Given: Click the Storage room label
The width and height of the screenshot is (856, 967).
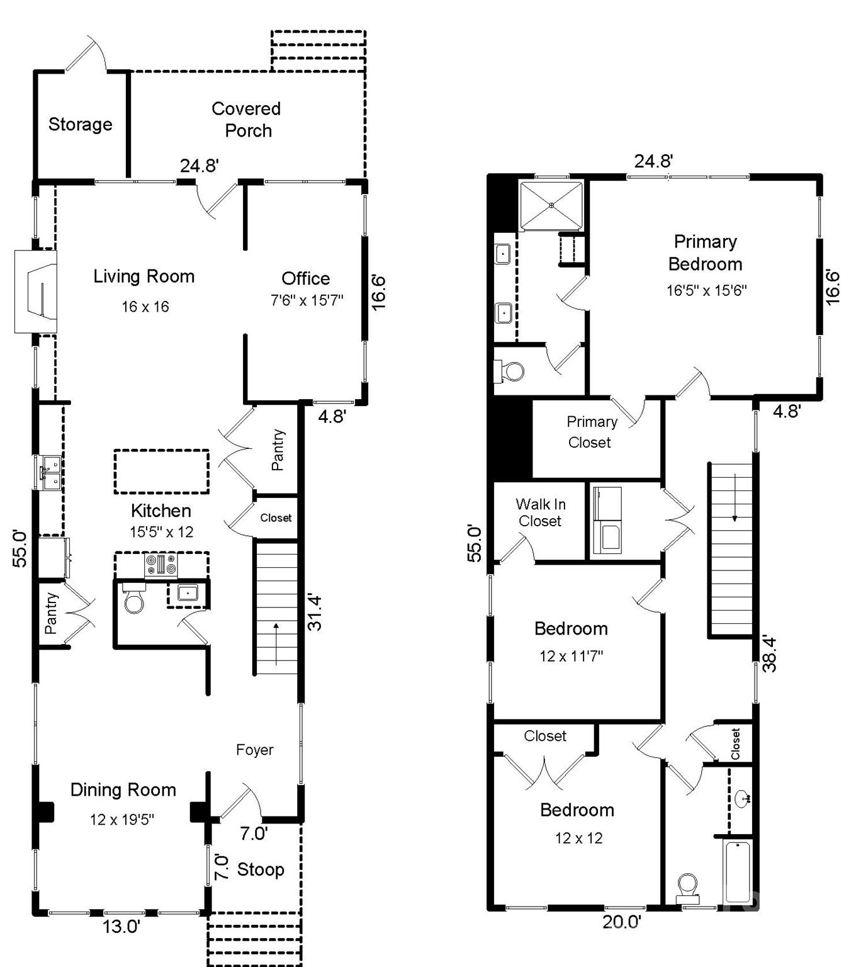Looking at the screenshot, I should click(x=80, y=125).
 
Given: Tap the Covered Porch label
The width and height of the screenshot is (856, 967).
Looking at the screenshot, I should click(x=246, y=120).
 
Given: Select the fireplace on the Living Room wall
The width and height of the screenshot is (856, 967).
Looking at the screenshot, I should click(x=37, y=291).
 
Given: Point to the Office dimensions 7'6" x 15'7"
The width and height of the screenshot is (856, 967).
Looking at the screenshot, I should click(x=307, y=300).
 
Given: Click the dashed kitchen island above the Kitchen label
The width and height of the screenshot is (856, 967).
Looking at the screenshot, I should click(x=161, y=471).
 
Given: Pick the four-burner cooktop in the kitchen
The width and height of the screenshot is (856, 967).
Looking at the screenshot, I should click(x=162, y=565).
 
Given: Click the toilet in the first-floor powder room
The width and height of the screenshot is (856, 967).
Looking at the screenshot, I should click(x=134, y=600).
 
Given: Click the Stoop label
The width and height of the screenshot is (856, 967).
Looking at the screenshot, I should click(x=260, y=869).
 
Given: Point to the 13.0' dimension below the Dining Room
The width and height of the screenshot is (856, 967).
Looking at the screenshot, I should click(x=121, y=927).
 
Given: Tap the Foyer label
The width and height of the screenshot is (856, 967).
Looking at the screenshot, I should click(x=254, y=750).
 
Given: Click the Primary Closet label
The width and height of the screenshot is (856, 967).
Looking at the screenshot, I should click(x=591, y=432).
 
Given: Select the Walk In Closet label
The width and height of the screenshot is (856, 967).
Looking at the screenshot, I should click(x=540, y=512).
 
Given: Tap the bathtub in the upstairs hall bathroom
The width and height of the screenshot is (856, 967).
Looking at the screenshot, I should click(x=737, y=873).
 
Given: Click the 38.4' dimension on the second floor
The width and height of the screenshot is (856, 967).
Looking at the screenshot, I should click(x=770, y=654).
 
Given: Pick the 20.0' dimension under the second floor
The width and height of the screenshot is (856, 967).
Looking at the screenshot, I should click(x=621, y=922).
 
